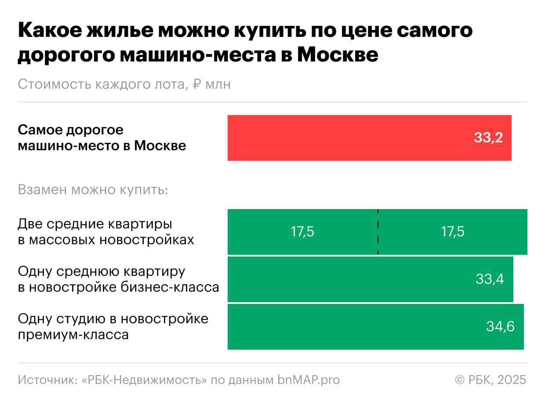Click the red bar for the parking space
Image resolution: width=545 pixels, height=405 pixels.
tap(343, 138)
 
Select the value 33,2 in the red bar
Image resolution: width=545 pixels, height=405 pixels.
tap(488, 138)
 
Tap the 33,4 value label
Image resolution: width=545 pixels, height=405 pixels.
tap(490, 279)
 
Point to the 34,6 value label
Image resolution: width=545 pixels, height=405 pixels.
tap(500, 326)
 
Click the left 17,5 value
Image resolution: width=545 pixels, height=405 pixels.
tap(302, 231)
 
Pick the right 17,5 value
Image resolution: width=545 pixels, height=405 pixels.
tap(453, 231)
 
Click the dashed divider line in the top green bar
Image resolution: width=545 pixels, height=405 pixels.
tap(378, 231)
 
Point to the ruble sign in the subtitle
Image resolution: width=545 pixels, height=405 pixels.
tap(197, 84)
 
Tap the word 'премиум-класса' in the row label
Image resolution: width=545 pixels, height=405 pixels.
tap(73, 335)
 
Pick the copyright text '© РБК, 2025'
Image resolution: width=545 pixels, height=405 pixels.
tap(490, 380)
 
